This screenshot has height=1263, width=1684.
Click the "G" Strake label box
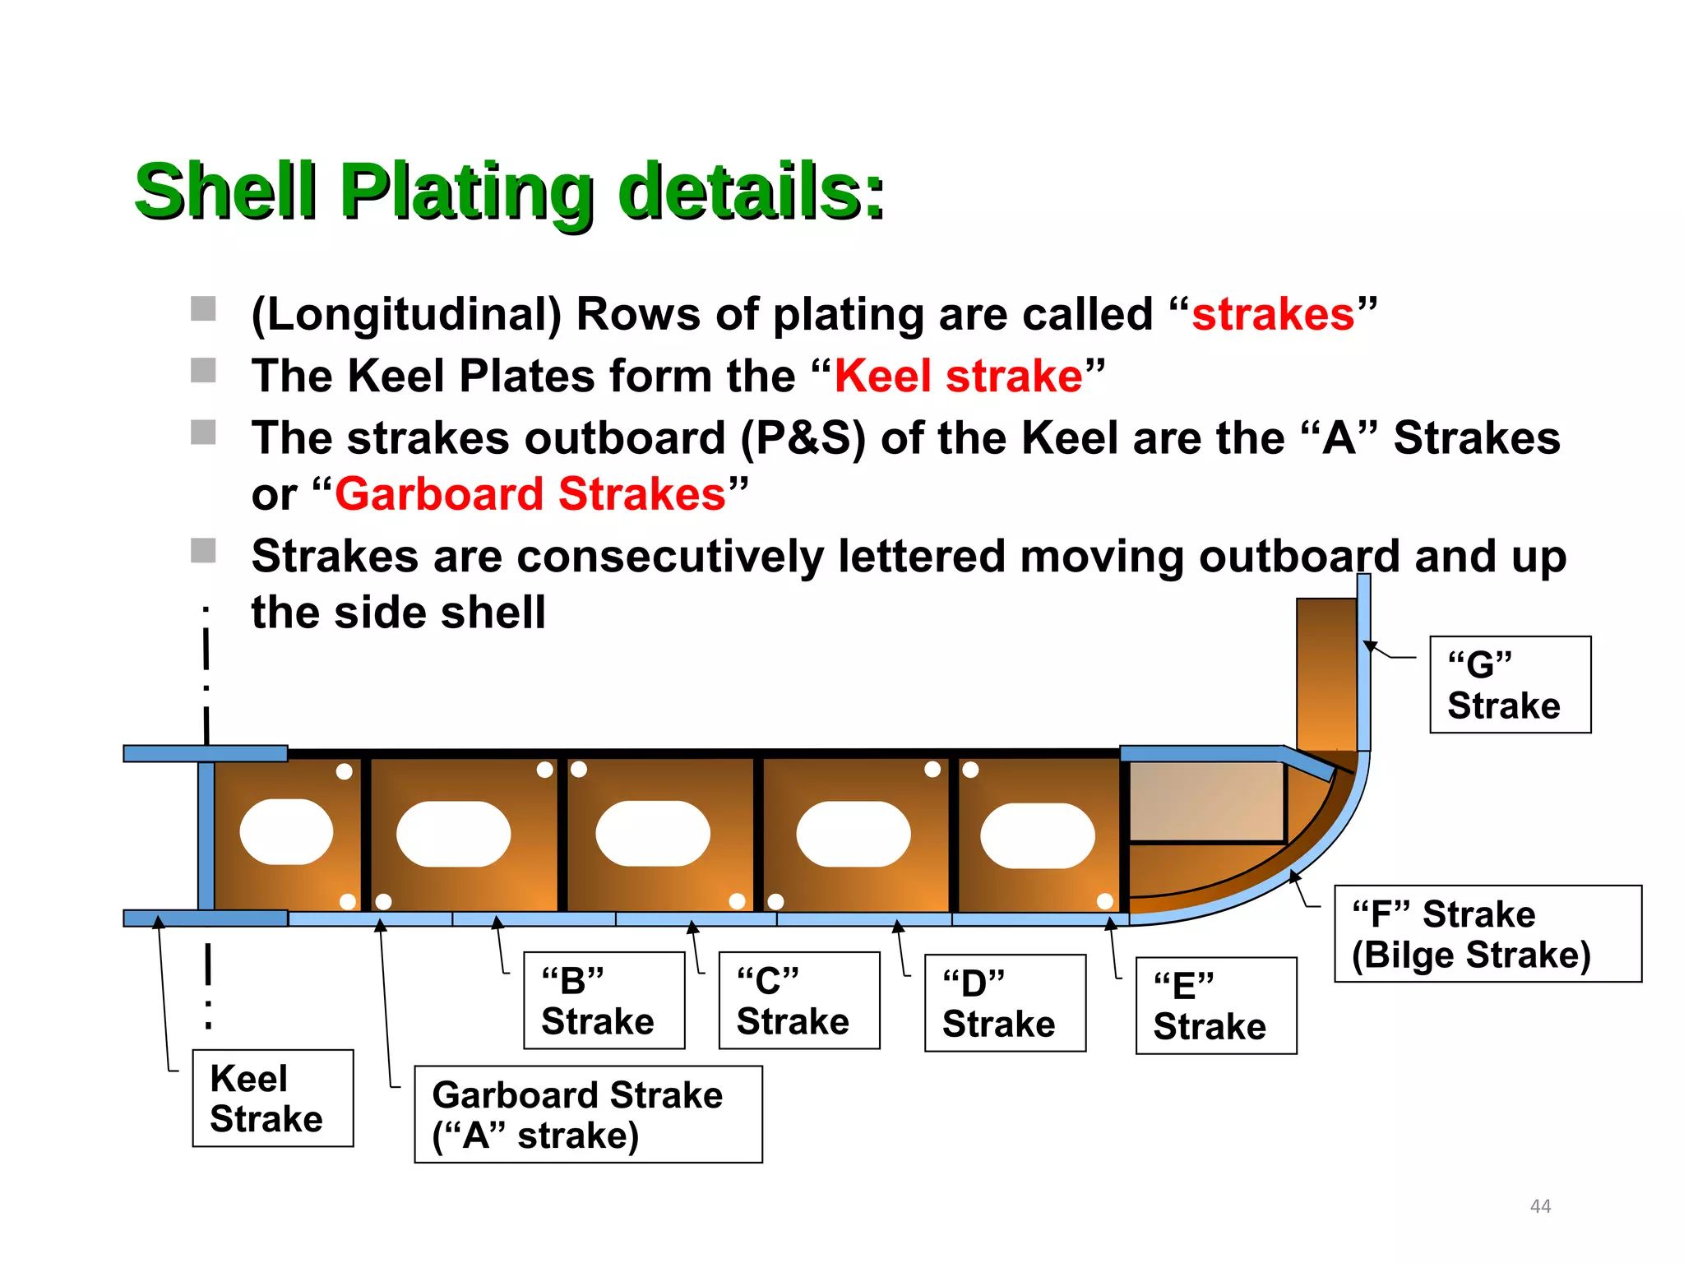1510,684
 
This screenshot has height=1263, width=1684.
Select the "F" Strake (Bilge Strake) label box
1487,933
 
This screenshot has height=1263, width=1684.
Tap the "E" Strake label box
1215,1005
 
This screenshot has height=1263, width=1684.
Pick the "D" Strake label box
1005,1002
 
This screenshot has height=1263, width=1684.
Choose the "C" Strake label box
798,1000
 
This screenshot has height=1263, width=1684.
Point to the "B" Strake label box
604,1000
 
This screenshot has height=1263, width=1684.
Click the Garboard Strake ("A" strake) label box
588,1114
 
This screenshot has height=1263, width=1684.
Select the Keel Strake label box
272,1098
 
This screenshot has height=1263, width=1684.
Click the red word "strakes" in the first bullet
1273,314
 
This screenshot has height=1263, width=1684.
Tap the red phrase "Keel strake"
958,376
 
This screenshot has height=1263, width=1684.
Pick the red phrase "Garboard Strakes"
530,494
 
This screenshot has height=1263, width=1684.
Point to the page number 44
1540,1205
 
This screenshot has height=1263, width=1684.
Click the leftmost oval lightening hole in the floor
286,831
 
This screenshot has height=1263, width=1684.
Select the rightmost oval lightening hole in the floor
1037,835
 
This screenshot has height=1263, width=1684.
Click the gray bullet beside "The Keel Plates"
203,370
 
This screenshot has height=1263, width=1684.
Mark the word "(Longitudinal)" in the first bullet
406,314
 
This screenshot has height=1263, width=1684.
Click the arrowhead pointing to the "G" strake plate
1370,645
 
